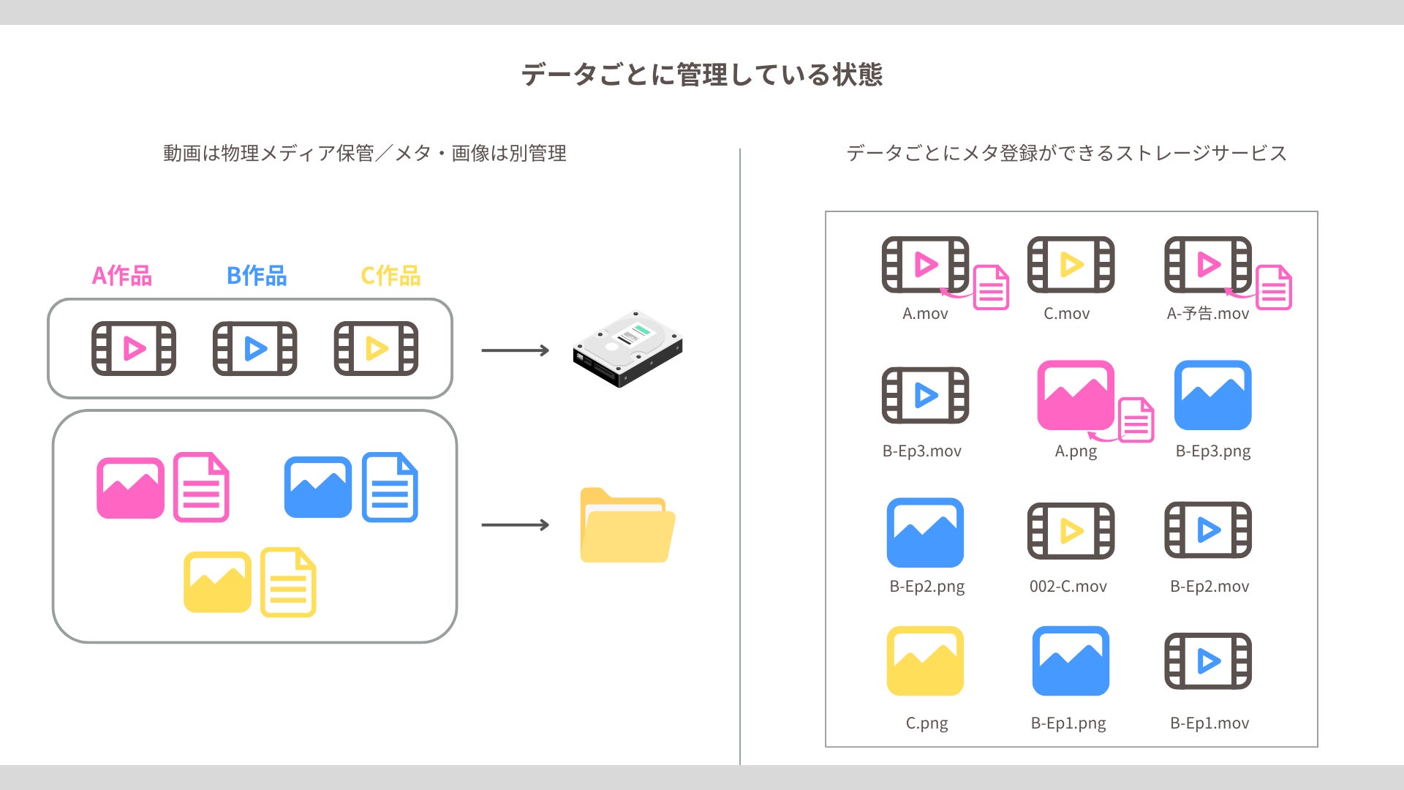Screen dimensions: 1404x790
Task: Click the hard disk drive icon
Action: (627, 349)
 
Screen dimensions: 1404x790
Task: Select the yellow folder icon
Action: (627, 525)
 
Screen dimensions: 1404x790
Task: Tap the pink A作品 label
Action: (122, 276)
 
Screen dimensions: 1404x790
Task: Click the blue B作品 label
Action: (257, 276)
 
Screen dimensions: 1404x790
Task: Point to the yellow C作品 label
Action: (391, 276)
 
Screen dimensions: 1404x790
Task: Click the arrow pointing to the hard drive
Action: (515, 350)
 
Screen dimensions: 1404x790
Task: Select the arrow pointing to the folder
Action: (515, 524)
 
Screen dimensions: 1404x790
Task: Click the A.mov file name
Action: (925, 314)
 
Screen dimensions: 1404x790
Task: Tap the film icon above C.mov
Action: (1071, 264)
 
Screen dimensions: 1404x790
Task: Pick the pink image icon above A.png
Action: (1076, 395)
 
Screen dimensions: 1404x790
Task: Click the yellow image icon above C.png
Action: (925, 661)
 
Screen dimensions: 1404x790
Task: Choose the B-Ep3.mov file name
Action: (922, 451)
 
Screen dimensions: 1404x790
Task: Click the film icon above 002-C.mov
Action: (1071, 530)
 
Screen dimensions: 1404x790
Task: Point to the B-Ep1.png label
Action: (1068, 723)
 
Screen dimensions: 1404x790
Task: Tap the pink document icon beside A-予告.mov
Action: (1274, 287)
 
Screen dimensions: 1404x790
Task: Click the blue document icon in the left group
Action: (390, 487)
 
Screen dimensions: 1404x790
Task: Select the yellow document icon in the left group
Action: (288, 582)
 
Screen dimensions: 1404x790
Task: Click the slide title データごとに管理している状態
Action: (702, 75)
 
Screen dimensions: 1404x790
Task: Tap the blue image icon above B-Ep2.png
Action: (925, 533)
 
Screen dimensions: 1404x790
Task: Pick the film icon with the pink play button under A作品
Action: (134, 348)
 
